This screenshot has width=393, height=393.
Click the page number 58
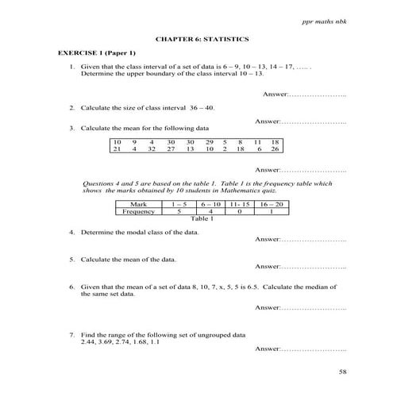(x=342, y=372)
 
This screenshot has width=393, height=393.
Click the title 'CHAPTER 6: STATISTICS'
(x=196, y=38)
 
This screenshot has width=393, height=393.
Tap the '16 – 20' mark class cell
(x=272, y=204)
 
